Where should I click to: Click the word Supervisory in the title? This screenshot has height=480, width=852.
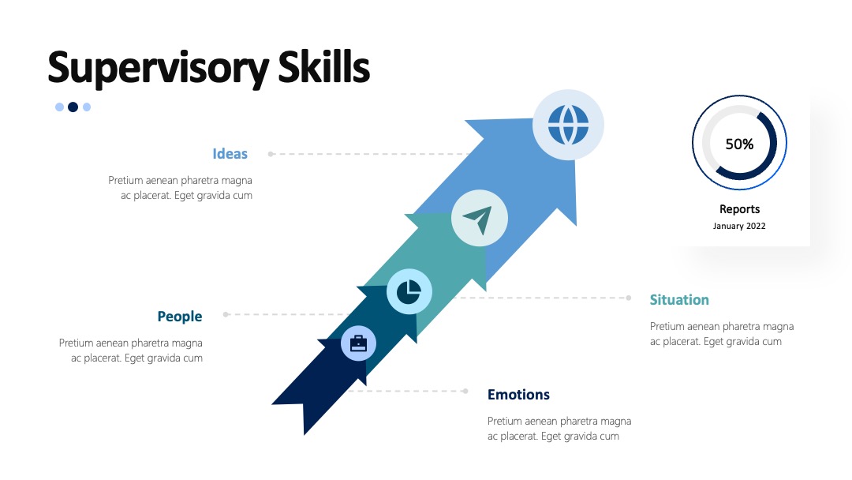click(158, 68)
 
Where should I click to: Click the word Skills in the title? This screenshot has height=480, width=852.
click(324, 66)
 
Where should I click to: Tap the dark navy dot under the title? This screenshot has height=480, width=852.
click(73, 107)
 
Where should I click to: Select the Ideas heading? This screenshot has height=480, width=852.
click(230, 154)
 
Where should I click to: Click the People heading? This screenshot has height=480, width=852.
click(180, 317)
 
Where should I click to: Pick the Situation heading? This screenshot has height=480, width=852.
click(679, 299)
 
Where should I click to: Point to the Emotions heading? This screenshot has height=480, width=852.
click(518, 395)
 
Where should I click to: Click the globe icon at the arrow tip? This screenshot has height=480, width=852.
click(568, 125)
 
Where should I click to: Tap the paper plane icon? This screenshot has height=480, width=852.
click(478, 219)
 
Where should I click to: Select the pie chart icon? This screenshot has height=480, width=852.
click(409, 292)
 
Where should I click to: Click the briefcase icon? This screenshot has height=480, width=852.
click(358, 343)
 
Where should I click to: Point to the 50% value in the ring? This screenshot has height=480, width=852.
click(739, 144)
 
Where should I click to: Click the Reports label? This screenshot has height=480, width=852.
click(739, 209)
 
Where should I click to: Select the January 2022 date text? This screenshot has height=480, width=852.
click(739, 226)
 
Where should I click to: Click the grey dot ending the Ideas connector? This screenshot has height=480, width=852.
click(271, 154)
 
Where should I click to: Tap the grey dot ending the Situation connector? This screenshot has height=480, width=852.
click(629, 298)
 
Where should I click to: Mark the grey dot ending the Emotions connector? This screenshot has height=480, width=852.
click(465, 391)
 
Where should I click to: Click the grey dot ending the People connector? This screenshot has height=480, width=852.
click(226, 314)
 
